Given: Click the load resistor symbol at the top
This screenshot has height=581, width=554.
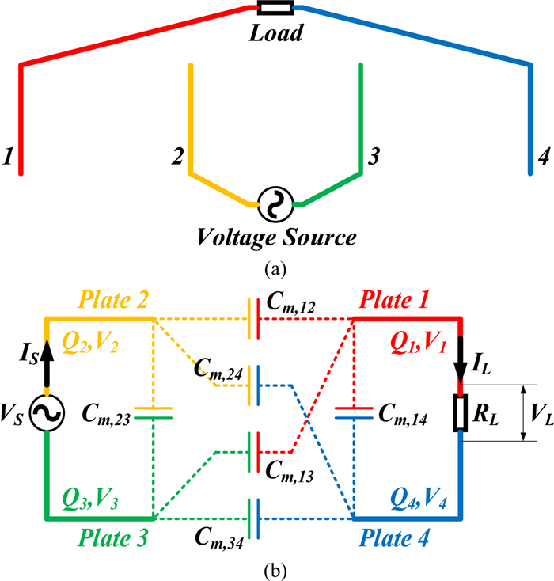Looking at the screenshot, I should coord(276,9).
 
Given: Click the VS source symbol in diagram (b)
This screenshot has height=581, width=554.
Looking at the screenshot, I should coord(47,414).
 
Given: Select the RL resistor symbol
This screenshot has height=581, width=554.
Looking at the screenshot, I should coord(460,414).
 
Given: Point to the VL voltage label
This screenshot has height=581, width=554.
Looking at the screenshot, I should coord(540,413).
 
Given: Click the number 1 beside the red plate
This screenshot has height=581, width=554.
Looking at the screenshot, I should coord(8,158).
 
